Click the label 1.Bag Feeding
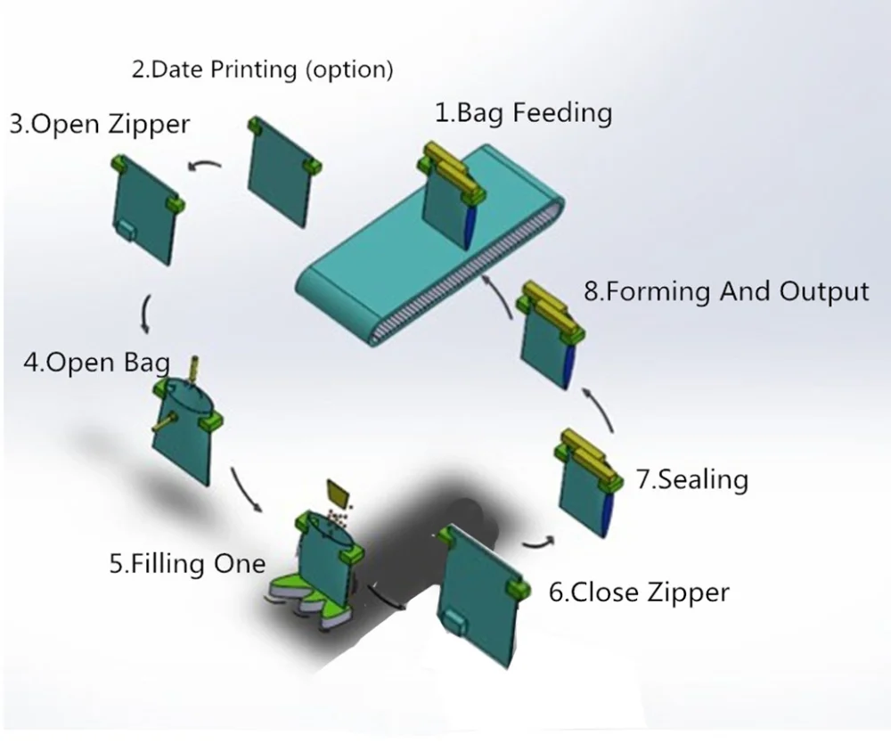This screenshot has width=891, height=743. click(x=523, y=113)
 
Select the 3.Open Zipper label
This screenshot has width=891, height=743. click(x=100, y=123)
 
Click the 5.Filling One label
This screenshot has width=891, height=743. click(x=187, y=563)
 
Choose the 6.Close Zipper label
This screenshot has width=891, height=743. click(x=639, y=592)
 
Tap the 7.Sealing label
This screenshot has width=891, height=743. click(x=692, y=479)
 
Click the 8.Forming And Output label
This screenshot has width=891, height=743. click(x=726, y=291)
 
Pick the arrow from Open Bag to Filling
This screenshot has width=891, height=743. click(x=245, y=489)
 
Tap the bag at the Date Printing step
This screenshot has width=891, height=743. click(x=281, y=175)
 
